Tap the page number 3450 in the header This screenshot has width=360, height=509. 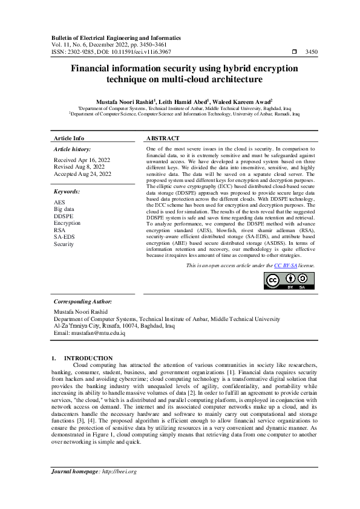click(311, 53)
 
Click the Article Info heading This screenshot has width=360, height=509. click(69, 138)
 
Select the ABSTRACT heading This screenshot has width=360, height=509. click(163, 138)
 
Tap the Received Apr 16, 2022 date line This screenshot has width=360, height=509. click(82, 160)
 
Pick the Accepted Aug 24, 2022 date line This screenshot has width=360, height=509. click(82, 174)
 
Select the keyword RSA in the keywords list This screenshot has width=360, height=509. click(60, 230)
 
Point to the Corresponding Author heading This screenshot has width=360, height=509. click(82, 301)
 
